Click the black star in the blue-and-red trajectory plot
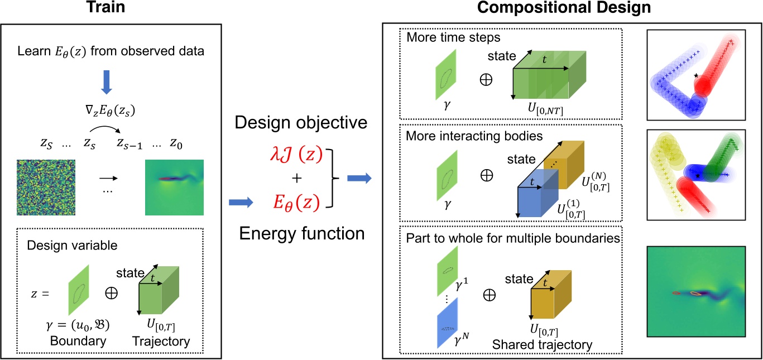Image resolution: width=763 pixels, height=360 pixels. (x=695, y=75)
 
